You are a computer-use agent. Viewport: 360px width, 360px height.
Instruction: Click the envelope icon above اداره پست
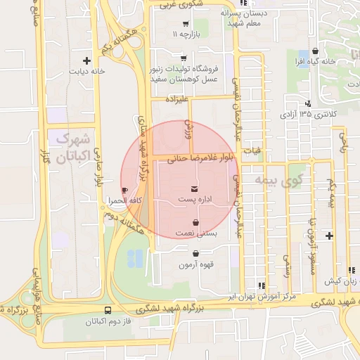point(194,188)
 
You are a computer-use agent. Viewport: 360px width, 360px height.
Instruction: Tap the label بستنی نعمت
point(194,233)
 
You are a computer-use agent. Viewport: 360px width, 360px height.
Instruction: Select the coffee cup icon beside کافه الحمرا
point(125,190)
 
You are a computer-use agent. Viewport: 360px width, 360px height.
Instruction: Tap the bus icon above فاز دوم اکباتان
point(108,309)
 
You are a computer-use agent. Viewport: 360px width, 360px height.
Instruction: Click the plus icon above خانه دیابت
point(86,60)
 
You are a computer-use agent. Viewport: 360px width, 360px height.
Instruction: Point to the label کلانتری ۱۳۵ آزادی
point(308,113)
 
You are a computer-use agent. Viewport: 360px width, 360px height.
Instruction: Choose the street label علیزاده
point(177,100)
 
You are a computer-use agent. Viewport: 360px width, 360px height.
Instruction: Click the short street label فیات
point(251,150)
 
